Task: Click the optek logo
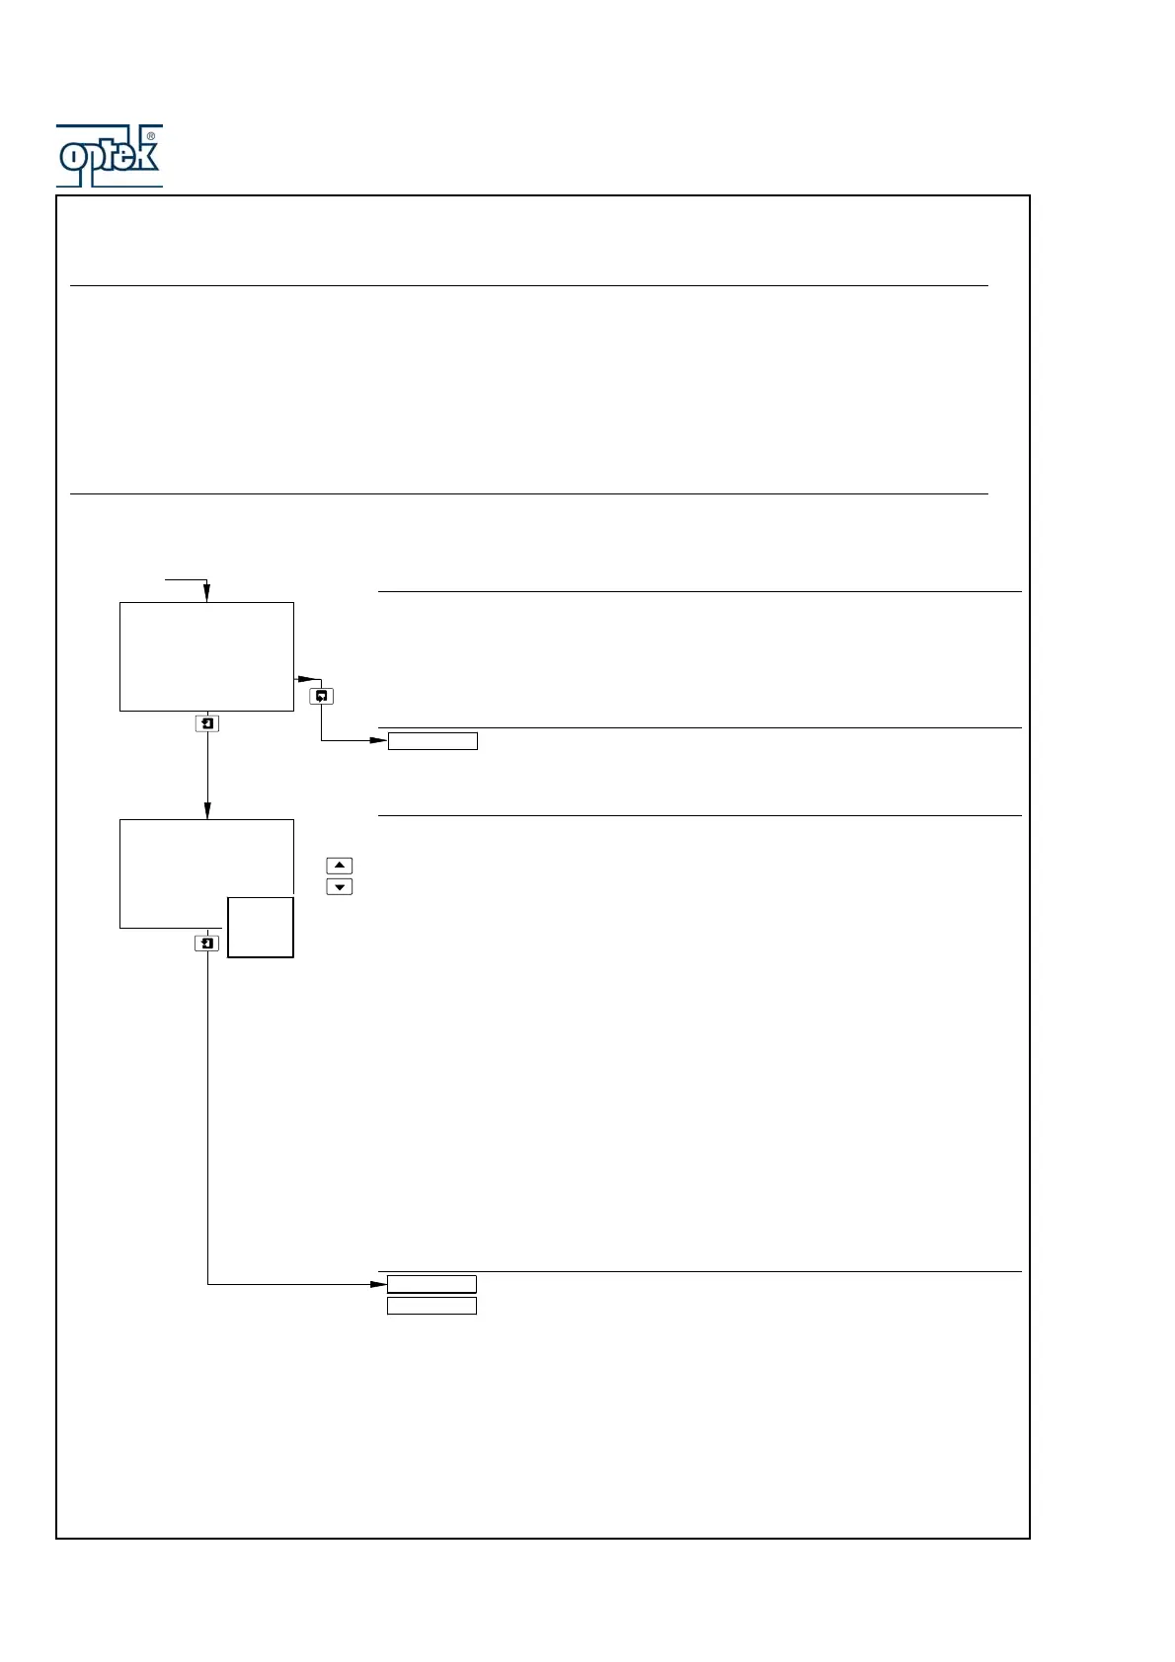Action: (109, 156)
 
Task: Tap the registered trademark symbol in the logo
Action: (150, 136)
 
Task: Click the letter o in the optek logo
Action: (73, 157)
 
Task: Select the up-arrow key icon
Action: (339, 866)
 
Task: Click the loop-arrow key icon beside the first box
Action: (322, 697)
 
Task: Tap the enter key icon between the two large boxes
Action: (206, 723)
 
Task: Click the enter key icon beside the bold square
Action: (206, 944)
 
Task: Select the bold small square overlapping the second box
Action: (261, 927)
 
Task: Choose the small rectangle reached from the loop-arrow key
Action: (432, 741)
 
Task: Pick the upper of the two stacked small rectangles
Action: (431, 1284)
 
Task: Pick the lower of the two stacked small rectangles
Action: (431, 1306)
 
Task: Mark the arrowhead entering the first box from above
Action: (206, 595)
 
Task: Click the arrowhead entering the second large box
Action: (206, 812)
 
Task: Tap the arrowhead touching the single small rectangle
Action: (379, 741)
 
